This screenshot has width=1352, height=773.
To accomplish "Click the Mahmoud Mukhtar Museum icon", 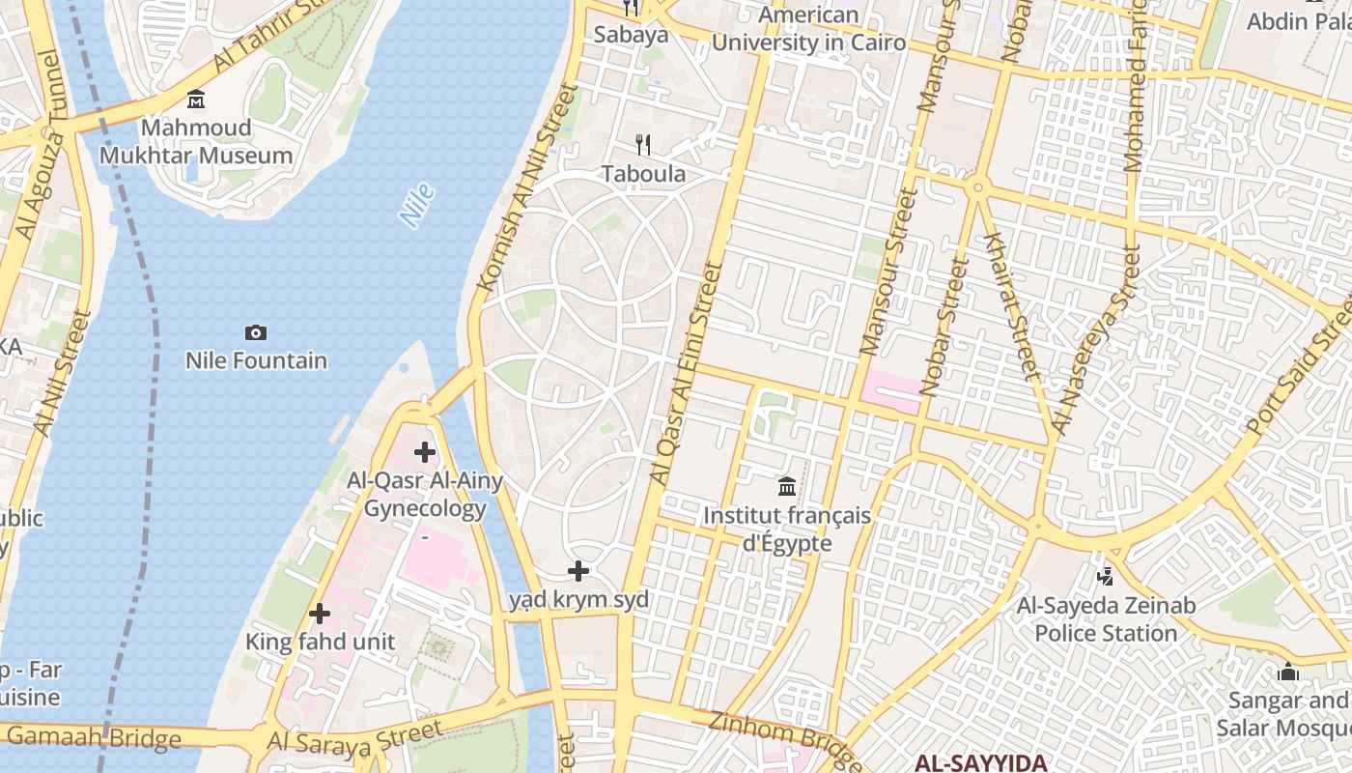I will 196,100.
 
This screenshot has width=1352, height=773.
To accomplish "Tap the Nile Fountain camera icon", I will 256,333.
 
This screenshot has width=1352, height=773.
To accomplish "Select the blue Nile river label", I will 417,206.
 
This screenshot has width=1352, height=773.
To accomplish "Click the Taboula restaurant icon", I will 643,145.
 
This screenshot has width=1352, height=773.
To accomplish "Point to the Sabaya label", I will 631,35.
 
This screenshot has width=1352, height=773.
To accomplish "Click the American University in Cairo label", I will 809,29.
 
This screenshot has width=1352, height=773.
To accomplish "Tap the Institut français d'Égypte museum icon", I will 787,486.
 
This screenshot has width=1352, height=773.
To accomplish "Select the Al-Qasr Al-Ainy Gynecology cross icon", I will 425,451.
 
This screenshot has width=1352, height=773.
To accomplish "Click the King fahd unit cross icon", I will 320,614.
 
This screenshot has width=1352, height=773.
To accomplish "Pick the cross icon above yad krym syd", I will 578,571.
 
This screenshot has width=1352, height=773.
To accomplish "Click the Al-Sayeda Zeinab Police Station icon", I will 1106,577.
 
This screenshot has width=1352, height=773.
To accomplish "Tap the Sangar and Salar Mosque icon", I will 1288,673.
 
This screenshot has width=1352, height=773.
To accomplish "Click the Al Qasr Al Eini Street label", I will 687,373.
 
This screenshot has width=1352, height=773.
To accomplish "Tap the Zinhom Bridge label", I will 784,738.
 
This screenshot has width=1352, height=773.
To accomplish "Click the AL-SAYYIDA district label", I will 981,762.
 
